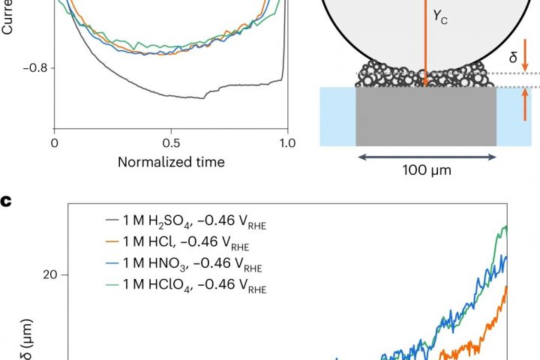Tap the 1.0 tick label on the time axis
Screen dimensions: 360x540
click(287, 142)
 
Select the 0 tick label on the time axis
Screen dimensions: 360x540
click(54, 142)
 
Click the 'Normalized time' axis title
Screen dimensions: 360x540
click(171, 161)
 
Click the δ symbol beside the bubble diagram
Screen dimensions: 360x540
click(513, 56)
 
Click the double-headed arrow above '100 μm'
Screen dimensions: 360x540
click(426, 157)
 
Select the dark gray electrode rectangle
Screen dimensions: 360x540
click(426, 116)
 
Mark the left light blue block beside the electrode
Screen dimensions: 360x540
click(337, 116)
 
